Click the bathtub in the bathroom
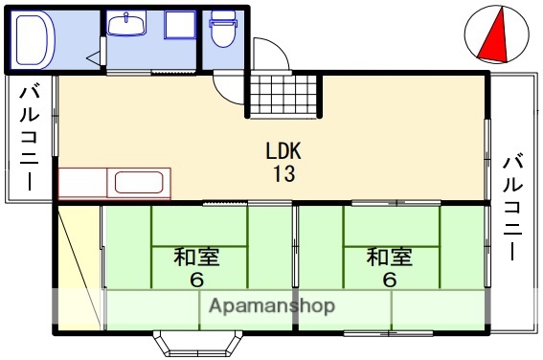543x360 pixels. click(x=34, y=40)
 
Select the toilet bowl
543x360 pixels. click(x=223, y=30)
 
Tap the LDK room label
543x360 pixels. click(x=284, y=152)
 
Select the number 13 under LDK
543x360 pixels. click(x=284, y=174)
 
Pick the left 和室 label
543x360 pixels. click(x=195, y=258)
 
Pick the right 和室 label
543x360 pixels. click(x=389, y=258)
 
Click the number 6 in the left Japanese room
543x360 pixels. click(x=195, y=281)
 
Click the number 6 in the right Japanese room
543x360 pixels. click(x=389, y=281)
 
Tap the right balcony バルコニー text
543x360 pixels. click(x=513, y=206)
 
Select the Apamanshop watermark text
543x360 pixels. click(x=271, y=306)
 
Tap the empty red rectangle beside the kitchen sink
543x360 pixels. click(x=85, y=182)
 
